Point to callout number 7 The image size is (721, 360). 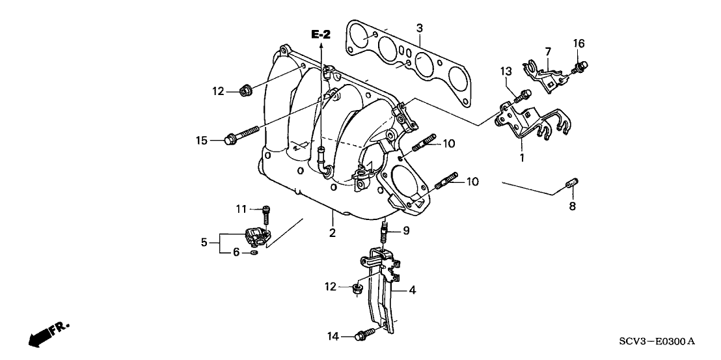pyautogui.click(x=548, y=51)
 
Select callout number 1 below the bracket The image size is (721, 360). pyautogui.click(x=521, y=157)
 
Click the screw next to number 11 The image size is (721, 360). pyautogui.click(x=265, y=213)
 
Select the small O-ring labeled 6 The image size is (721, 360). pyautogui.click(x=254, y=251)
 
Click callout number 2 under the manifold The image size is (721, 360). pyautogui.click(x=332, y=232)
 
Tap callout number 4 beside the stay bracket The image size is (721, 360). pyautogui.click(x=411, y=290)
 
